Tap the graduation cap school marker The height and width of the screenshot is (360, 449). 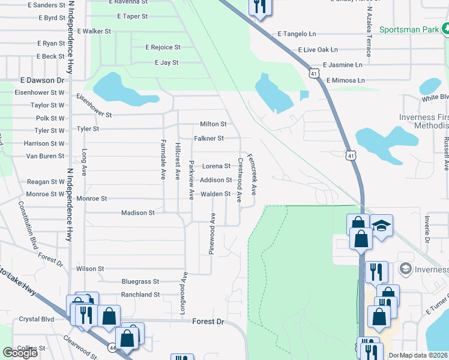(381, 226)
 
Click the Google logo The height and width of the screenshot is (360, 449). (20, 353)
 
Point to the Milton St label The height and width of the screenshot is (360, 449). (213, 124)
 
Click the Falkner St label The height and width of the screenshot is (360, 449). (208, 139)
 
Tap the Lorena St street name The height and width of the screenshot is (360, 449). (215, 166)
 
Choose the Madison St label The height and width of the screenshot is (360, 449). (138, 212)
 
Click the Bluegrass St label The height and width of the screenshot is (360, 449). (140, 281)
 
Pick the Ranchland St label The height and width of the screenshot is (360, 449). (140, 295)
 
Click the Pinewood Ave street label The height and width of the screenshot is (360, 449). (212, 233)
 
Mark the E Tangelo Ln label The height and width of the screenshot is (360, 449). (297, 35)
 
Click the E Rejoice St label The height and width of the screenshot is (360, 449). (163, 47)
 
